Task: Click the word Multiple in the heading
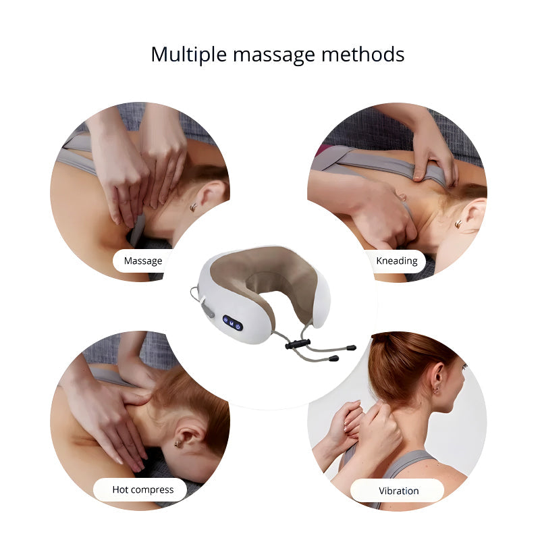[187, 54]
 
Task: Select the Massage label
[143, 261]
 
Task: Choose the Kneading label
[396, 261]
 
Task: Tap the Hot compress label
[143, 489]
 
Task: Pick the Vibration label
[398, 491]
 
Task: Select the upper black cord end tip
[350, 349]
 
